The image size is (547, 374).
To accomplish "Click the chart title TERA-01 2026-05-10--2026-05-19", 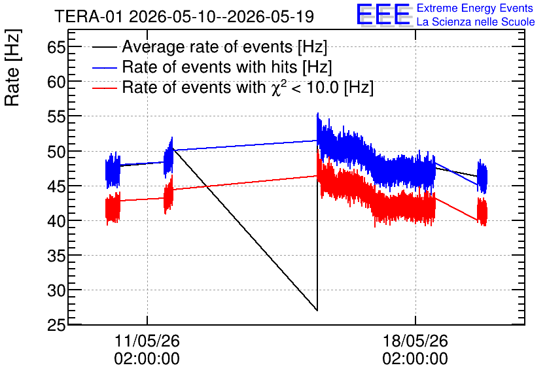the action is [185, 16].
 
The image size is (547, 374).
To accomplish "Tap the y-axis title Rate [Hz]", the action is [12, 68].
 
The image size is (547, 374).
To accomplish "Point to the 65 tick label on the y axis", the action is [56, 47].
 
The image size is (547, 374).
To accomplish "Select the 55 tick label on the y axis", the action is [56, 117].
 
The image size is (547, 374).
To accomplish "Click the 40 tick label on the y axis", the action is [56, 220].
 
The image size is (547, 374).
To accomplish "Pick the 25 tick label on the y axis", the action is [56, 325].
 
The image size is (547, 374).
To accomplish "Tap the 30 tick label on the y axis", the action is [56, 290].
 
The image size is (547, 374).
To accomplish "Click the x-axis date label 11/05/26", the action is [147, 341].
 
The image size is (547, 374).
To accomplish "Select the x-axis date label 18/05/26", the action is [415, 341].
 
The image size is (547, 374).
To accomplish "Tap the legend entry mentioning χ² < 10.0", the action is [248, 87].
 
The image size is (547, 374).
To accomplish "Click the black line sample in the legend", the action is [104, 47].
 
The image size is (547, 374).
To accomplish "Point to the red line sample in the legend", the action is [104, 88].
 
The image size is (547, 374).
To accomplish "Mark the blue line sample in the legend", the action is [104, 67].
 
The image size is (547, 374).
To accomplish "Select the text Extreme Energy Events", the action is [475, 8].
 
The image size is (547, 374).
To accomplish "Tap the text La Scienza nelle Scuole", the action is [476, 22].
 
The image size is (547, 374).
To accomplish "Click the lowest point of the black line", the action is [317, 310].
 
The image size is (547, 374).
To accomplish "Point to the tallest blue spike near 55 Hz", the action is [317, 113].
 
